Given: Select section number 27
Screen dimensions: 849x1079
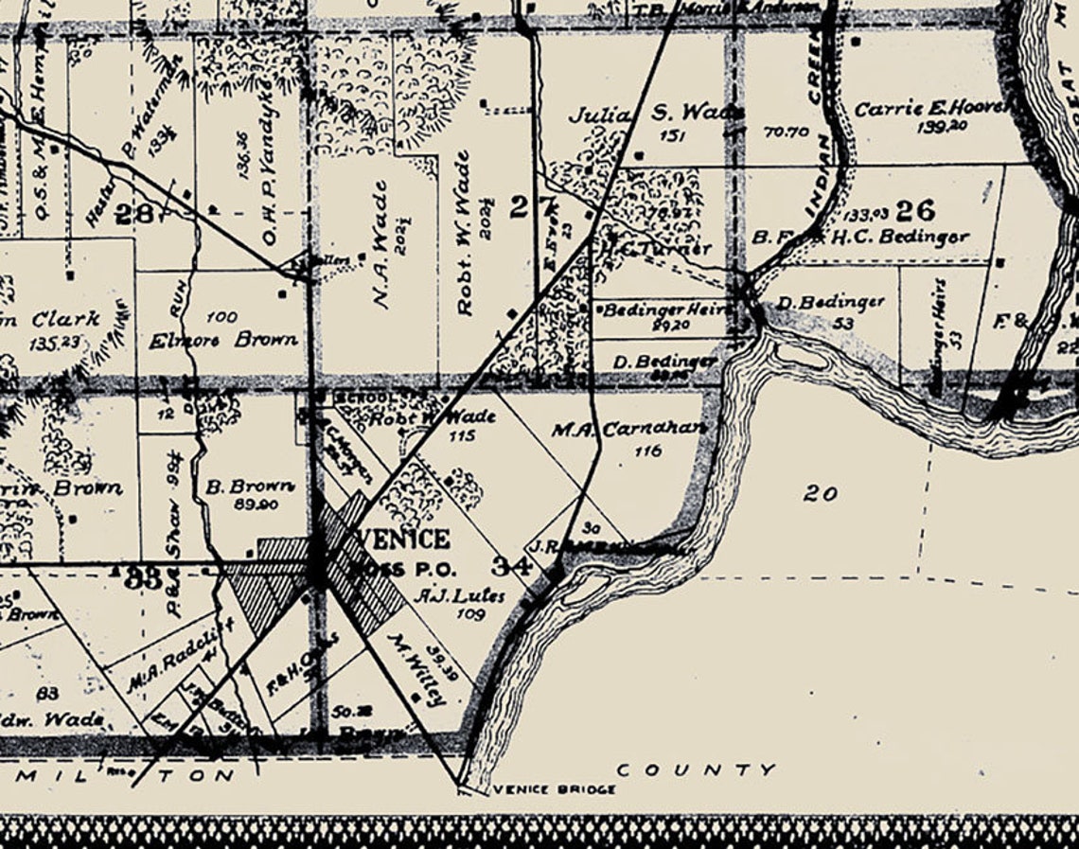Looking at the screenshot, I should (x=520, y=206).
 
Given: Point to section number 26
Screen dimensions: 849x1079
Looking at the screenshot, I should (x=914, y=209).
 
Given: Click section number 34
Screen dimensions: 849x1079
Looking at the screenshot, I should (x=511, y=567).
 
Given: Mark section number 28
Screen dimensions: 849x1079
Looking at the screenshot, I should (x=133, y=214).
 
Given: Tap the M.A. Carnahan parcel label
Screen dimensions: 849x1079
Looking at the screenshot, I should (x=628, y=429).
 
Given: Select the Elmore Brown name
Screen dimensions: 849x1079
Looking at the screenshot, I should (x=223, y=339).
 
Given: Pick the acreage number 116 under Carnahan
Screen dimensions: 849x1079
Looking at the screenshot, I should (x=648, y=451).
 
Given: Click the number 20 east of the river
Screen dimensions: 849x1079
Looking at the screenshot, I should (x=820, y=493).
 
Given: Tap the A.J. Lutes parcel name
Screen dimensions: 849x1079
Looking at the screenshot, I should (x=460, y=596).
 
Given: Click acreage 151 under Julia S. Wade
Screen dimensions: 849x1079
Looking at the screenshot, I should (x=671, y=135).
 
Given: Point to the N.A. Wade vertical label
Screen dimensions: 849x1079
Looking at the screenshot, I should (x=381, y=245).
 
